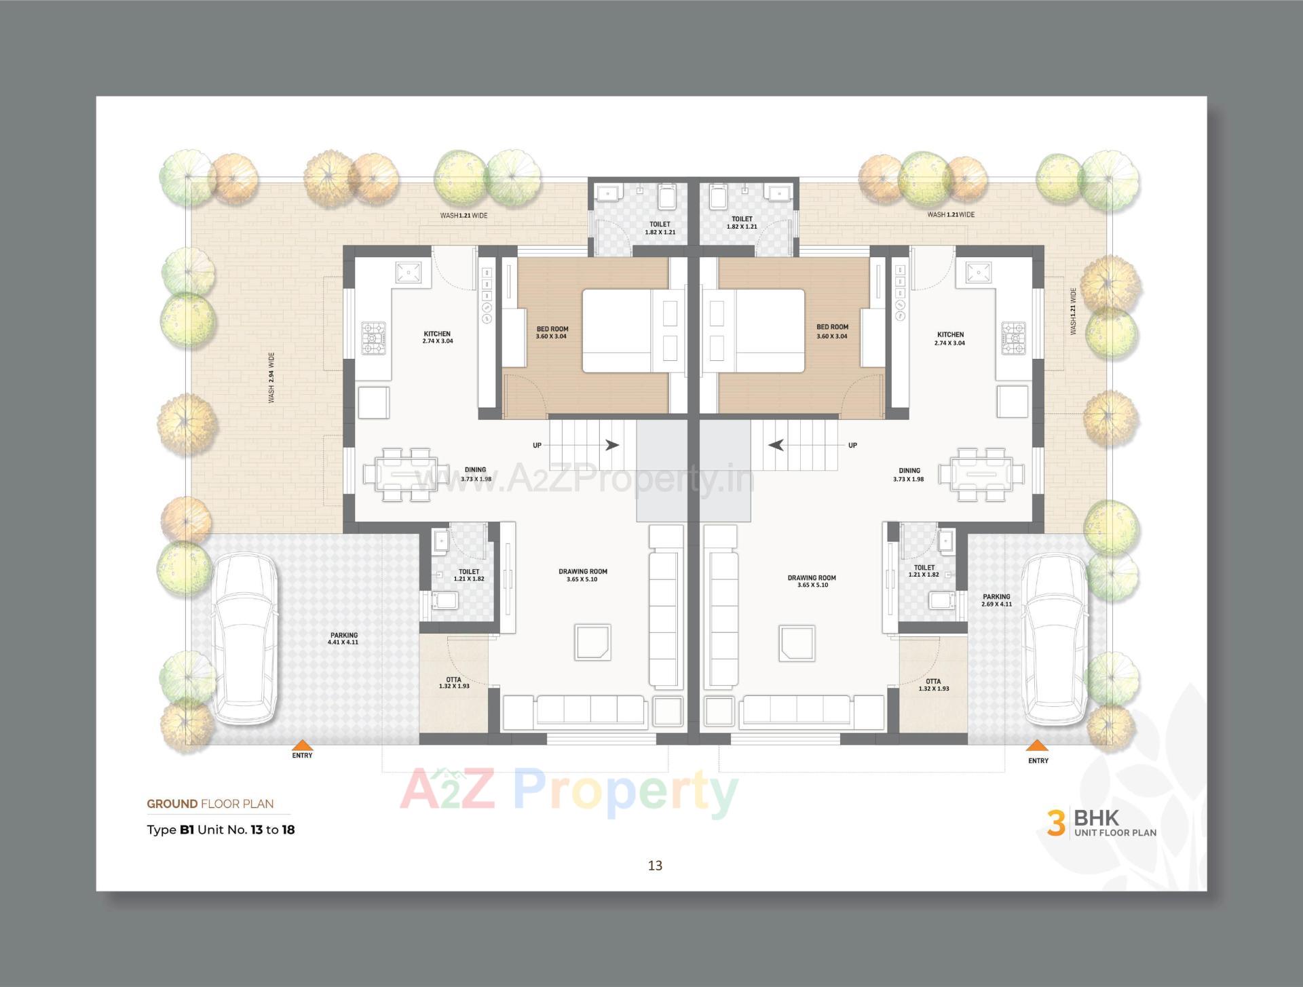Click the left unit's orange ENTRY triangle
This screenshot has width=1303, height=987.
[303, 745]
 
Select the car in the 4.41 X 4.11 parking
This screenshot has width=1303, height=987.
[244, 638]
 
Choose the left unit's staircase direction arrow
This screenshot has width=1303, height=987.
[612, 445]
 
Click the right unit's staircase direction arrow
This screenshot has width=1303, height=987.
[776, 445]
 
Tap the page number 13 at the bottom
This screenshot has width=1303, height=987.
[655, 866]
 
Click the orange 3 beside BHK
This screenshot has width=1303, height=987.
[1056, 823]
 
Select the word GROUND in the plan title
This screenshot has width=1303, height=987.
[172, 804]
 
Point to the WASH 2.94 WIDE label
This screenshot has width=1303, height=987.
[271, 377]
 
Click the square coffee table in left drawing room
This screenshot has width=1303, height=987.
[593, 642]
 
